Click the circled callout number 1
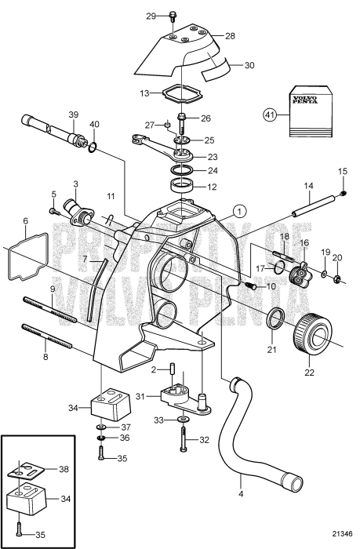click(x=240, y=211)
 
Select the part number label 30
click(x=249, y=66)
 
